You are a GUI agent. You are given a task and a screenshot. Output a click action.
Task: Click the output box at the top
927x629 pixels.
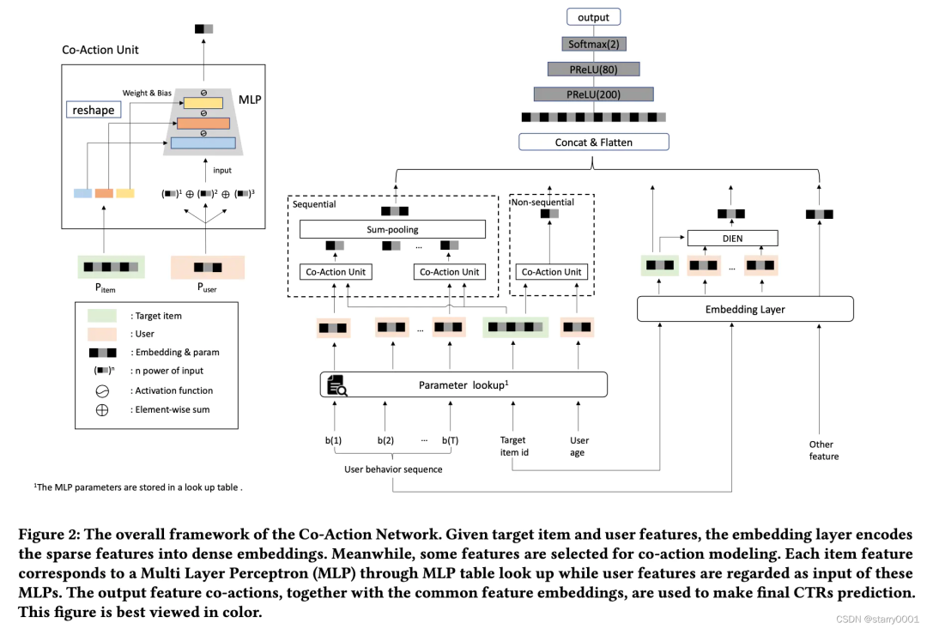coord(593,17)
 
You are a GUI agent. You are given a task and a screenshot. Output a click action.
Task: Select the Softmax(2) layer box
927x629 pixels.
coord(593,44)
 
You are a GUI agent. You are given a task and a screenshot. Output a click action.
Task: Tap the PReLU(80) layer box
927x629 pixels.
coord(593,69)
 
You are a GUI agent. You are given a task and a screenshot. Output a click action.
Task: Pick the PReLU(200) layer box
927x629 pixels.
coord(593,94)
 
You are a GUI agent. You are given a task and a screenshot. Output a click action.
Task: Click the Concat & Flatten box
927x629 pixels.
coord(593,142)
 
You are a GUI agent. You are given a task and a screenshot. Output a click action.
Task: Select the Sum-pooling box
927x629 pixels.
coord(392,230)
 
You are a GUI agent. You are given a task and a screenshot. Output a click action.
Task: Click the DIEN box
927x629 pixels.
coord(732,238)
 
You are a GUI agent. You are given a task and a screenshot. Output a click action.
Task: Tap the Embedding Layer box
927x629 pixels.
coord(745,309)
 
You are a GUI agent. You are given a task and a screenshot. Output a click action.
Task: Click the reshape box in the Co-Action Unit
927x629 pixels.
coord(93,110)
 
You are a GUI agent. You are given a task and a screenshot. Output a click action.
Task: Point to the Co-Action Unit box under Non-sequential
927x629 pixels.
coord(552,272)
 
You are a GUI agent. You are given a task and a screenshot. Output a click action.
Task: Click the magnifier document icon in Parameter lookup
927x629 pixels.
coord(335,385)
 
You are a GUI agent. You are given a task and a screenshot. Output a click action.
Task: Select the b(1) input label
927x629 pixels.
coord(333,440)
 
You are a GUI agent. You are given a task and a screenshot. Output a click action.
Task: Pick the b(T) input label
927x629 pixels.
coord(450,440)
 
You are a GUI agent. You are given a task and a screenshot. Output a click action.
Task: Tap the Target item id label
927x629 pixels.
coord(514,446)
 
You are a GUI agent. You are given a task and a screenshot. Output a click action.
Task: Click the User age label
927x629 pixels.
coord(579,446)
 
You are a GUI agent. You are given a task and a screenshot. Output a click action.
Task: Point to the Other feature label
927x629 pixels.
coord(822,451)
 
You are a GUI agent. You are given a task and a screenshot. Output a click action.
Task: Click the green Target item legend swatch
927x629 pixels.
coord(101,316)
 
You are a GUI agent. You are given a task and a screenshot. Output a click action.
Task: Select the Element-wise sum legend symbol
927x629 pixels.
coord(101,409)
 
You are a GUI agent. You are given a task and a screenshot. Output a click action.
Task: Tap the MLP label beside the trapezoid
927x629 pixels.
coord(250,100)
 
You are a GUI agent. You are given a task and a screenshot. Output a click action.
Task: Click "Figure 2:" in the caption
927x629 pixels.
coord(47,535)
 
